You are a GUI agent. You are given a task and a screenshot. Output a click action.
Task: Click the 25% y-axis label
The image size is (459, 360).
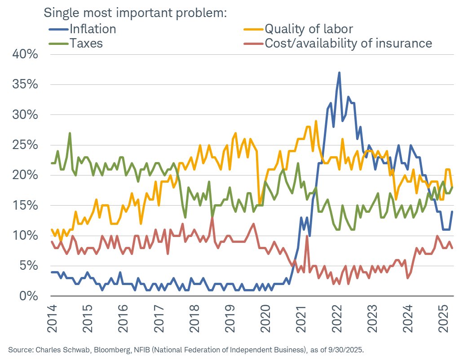25,145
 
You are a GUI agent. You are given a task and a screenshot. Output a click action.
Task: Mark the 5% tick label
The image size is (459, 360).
29,266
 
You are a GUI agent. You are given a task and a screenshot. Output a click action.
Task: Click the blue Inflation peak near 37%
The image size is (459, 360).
340,72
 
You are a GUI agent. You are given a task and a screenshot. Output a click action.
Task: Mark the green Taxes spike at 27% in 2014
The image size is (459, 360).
70,133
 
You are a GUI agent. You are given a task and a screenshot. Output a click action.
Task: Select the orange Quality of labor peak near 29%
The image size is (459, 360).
316,121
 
